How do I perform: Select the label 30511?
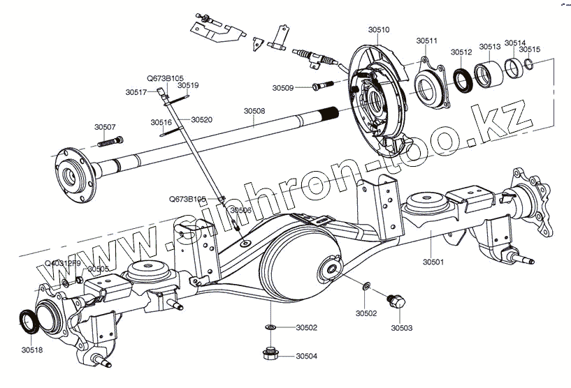point(426,41)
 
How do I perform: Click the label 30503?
point(401,327)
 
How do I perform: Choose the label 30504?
point(306,356)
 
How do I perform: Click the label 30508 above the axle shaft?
point(254,111)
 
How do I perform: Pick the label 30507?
point(105,127)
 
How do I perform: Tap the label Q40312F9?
point(62,263)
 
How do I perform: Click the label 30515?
point(529,50)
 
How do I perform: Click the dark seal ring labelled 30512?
point(462,79)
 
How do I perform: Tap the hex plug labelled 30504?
point(270,354)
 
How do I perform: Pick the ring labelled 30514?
point(514,68)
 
